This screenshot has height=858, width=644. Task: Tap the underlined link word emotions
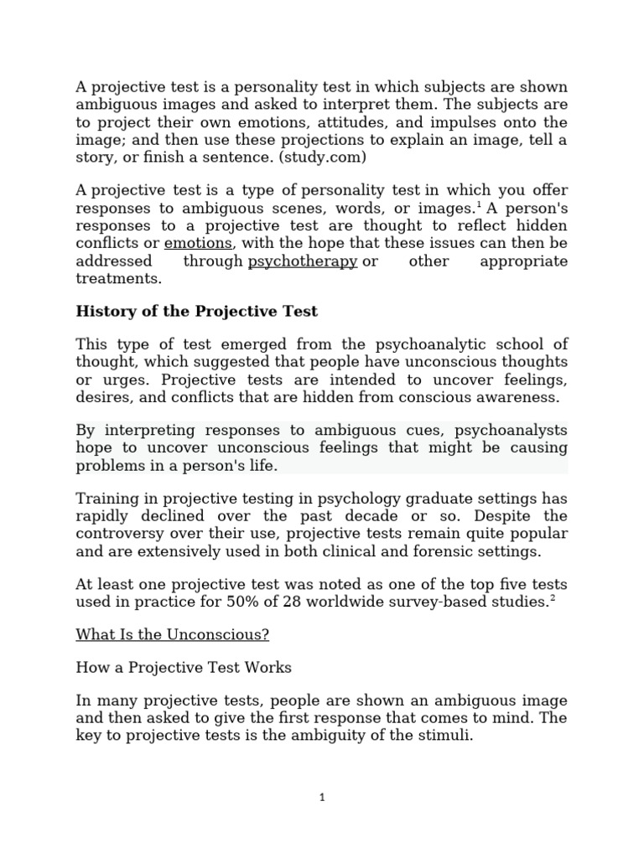tap(199, 244)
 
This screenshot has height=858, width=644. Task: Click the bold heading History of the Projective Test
tap(197, 311)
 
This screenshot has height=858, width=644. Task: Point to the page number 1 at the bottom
tap(322, 798)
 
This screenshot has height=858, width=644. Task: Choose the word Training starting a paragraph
tap(105, 498)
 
